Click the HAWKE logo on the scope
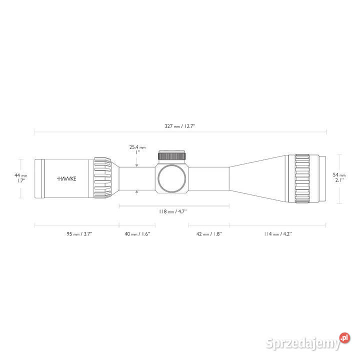[x=66, y=178]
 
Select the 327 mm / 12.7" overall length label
[x=180, y=126]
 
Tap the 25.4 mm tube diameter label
[x=137, y=147]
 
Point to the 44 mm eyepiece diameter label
[x=20, y=175]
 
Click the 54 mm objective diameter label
[x=339, y=175]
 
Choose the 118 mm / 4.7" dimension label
[x=172, y=211]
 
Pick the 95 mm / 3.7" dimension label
[x=79, y=234]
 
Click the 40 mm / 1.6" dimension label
[x=137, y=234]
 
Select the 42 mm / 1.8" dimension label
[x=209, y=234]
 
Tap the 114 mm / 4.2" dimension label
[x=278, y=234]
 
